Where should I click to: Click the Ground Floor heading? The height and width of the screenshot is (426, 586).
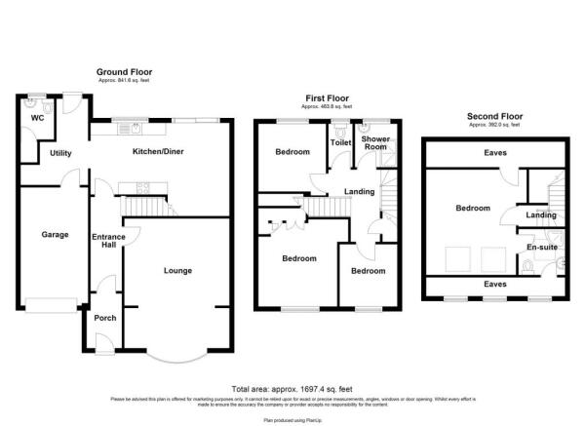[x=124, y=72]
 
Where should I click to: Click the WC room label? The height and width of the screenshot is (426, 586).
[x=37, y=118]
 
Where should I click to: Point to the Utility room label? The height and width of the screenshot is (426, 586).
[x=61, y=153]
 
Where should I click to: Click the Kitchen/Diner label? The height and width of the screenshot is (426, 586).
[x=158, y=152]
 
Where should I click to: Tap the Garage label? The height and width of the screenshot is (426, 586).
[x=53, y=235]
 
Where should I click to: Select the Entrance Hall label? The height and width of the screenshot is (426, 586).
[x=103, y=242]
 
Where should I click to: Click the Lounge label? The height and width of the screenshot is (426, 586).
[x=176, y=270]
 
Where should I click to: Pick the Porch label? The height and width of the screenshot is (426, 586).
[x=103, y=318]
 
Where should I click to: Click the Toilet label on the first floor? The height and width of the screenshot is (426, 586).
[x=339, y=143]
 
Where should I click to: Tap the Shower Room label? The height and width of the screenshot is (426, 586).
[x=375, y=144]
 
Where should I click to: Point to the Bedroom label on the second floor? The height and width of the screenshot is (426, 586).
[x=473, y=208]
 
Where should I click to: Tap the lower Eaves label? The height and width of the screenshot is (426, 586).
[x=494, y=284]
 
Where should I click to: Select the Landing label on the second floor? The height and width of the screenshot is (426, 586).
[x=541, y=215]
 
